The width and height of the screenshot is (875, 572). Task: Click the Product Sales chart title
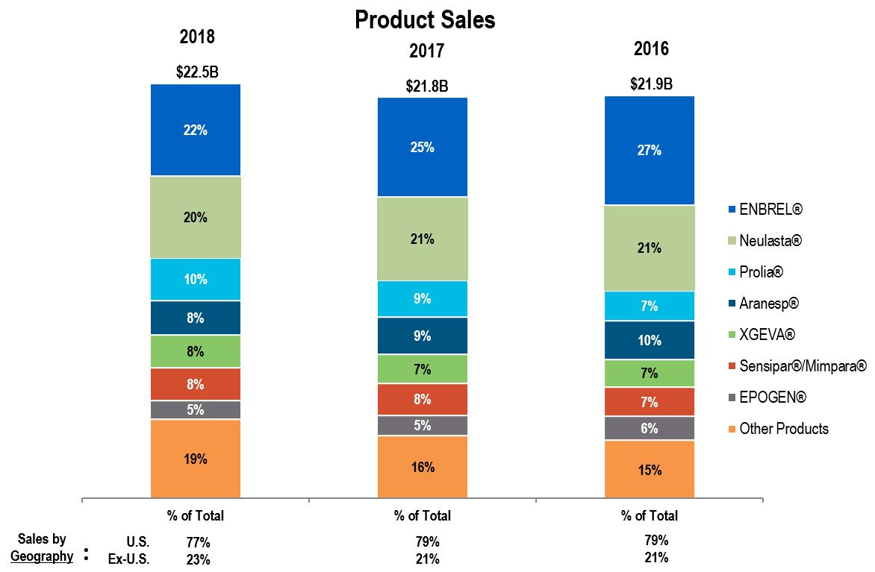click(425, 19)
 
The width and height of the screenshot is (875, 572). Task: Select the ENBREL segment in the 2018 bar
click(196, 130)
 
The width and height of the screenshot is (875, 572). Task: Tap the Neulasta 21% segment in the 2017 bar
click(423, 239)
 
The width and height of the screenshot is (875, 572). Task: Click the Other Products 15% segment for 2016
click(650, 469)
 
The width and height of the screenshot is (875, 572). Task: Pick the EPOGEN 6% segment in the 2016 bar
click(650, 428)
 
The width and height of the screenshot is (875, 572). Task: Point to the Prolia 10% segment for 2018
click(196, 280)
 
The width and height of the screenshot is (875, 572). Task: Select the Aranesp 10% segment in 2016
click(650, 340)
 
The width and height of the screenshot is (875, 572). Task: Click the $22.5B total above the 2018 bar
click(197, 72)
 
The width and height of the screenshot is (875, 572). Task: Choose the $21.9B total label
click(651, 84)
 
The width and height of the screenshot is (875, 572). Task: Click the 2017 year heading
click(426, 51)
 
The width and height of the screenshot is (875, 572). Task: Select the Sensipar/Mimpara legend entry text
click(803, 365)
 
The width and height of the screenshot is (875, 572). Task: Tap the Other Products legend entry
click(784, 428)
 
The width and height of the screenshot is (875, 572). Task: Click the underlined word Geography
click(42, 556)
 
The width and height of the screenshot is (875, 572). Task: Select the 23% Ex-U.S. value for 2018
click(199, 559)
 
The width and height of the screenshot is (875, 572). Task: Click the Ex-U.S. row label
click(128, 559)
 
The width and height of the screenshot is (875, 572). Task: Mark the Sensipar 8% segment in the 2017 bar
click(423, 399)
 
